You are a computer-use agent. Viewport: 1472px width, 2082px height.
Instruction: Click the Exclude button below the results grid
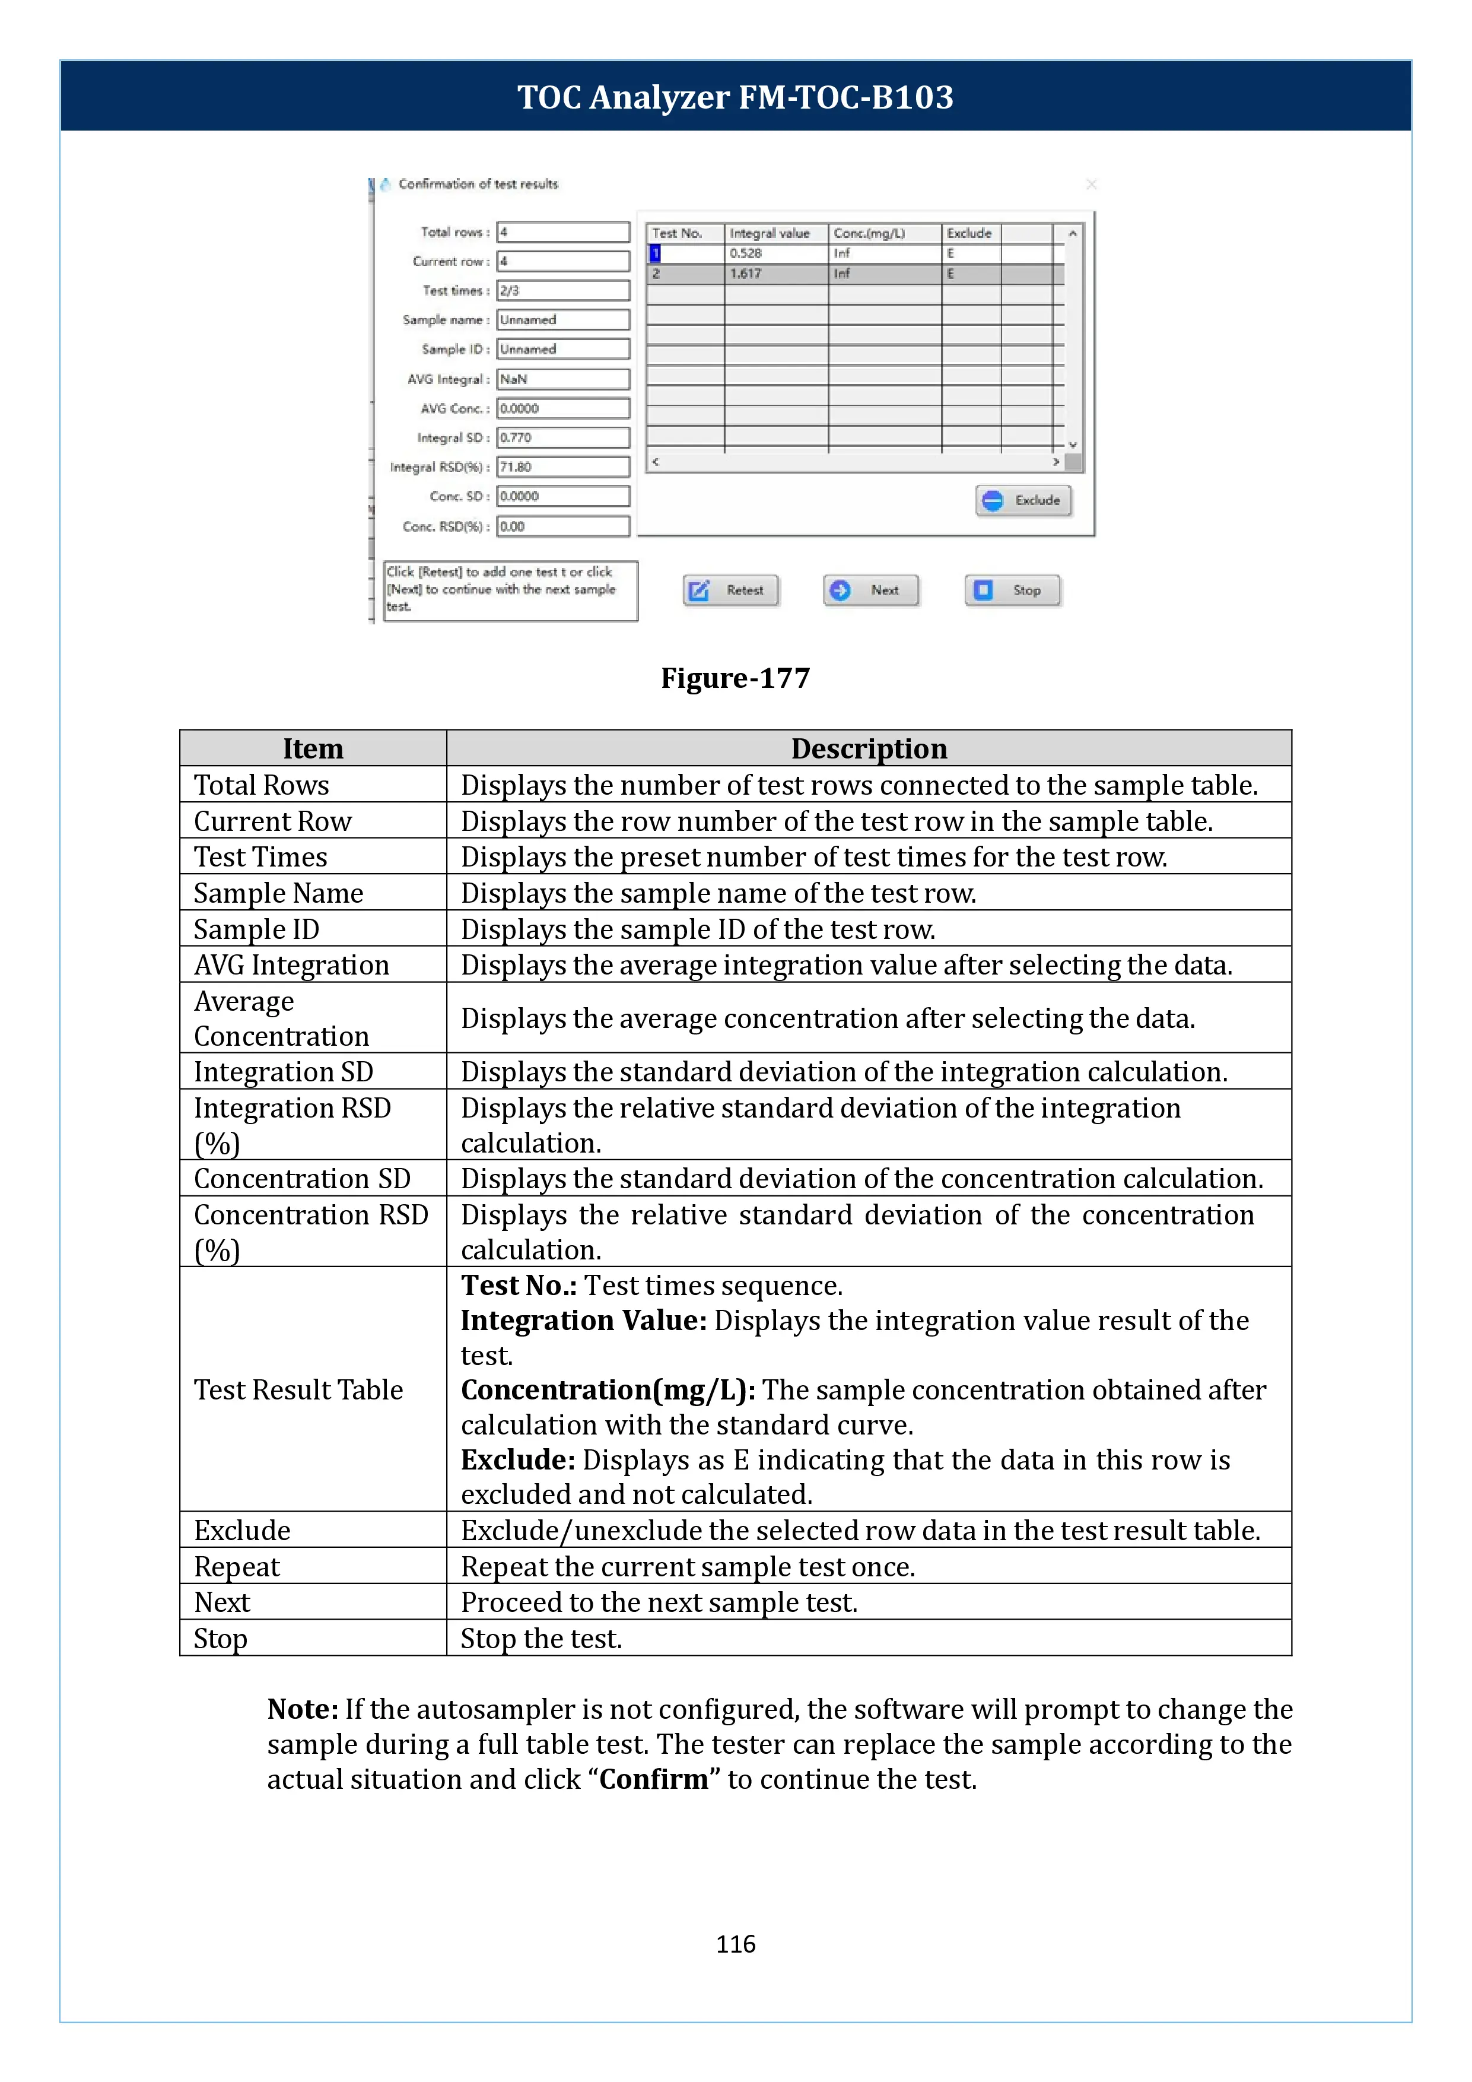coord(1024,500)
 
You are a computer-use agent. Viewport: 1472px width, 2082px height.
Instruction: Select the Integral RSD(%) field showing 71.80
coord(563,467)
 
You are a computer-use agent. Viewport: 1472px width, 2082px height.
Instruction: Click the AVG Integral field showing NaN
coord(563,379)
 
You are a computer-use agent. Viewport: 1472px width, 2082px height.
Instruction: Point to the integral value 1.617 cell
coord(775,274)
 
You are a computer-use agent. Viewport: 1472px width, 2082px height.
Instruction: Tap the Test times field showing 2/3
coord(563,291)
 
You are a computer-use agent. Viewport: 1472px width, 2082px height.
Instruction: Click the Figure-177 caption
coord(735,678)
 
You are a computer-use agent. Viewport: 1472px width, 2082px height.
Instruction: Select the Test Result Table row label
coord(298,1389)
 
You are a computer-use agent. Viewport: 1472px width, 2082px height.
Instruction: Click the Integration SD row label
coord(283,1072)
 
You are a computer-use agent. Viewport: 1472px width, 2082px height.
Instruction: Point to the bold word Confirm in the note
coord(653,1779)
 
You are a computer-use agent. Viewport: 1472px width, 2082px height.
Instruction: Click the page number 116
coord(735,1944)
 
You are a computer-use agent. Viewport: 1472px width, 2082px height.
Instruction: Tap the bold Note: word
coord(303,1709)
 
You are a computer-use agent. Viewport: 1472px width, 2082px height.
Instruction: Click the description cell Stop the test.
coord(541,1639)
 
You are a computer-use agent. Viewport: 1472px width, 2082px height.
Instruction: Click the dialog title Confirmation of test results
coord(478,184)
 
